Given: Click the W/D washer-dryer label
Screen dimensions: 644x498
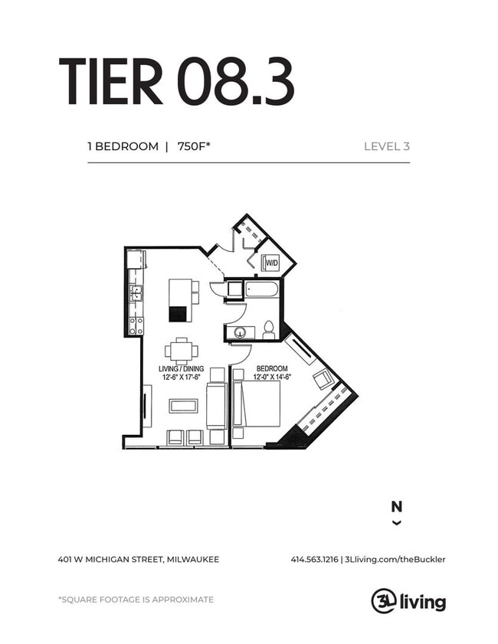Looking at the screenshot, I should [x=271, y=264].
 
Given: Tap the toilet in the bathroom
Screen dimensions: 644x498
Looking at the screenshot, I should [x=269, y=329].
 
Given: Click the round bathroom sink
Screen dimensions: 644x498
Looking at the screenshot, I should [x=240, y=333].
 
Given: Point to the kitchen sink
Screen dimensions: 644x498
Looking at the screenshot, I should [x=135, y=292].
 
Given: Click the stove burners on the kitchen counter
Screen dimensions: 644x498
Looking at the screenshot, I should [x=135, y=325].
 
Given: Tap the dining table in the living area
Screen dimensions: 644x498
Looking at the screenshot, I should [x=182, y=351].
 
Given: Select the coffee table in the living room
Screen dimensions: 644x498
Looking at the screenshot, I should [x=183, y=405].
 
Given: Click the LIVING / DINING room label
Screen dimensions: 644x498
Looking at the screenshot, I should [x=181, y=368].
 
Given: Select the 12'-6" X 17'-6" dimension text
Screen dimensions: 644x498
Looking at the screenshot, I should [x=181, y=376].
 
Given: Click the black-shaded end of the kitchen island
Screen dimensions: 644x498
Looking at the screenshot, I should [x=178, y=313].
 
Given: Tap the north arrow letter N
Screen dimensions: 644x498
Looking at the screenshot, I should [x=396, y=506].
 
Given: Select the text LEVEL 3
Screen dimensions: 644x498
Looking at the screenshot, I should [x=386, y=146].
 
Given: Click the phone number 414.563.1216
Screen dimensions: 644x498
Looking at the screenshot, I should [x=314, y=559].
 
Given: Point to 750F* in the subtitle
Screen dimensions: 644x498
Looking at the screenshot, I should [x=194, y=146].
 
